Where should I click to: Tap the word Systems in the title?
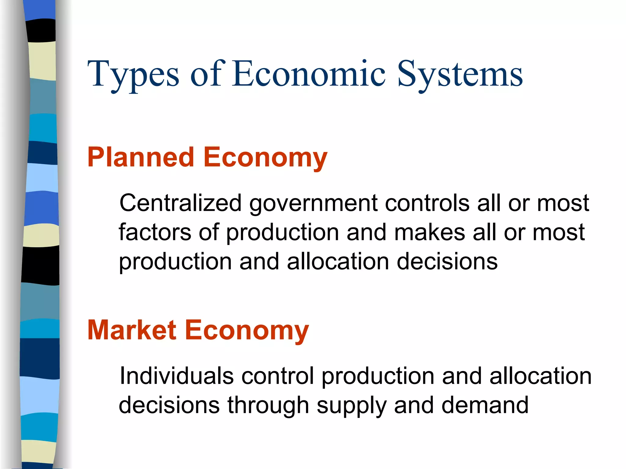click(x=460, y=75)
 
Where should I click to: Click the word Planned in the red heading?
click(x=141, y=157)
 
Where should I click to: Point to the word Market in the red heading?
click(x=132, y=330)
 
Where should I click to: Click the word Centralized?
click(x=180, y=203)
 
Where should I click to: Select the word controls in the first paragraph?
click(x=427, y=203)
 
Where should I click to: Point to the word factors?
click(x=155, y=232)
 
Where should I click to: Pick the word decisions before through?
click(x=169, y=405)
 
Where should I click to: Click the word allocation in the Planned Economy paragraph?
click(x=338, y=261)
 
